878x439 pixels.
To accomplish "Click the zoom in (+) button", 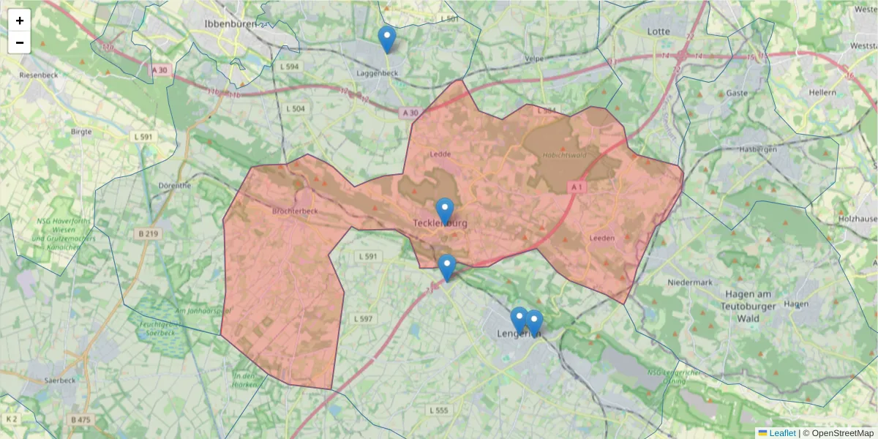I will coord(20,20).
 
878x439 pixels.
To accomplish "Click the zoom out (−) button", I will coord(20,42).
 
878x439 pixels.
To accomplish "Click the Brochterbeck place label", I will coord(294,211).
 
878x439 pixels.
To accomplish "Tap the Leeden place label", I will coord(602,238).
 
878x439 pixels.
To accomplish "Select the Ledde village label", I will coord(440,154).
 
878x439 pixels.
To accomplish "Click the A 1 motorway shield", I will coord(577,187).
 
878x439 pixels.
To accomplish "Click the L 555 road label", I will coord(438,410).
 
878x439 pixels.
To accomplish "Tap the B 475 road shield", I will coord(80,419).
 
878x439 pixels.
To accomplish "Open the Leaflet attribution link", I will coord(781,433).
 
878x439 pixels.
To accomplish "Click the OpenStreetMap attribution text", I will coord(838,433).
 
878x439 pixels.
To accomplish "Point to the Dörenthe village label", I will coord(175,186).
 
